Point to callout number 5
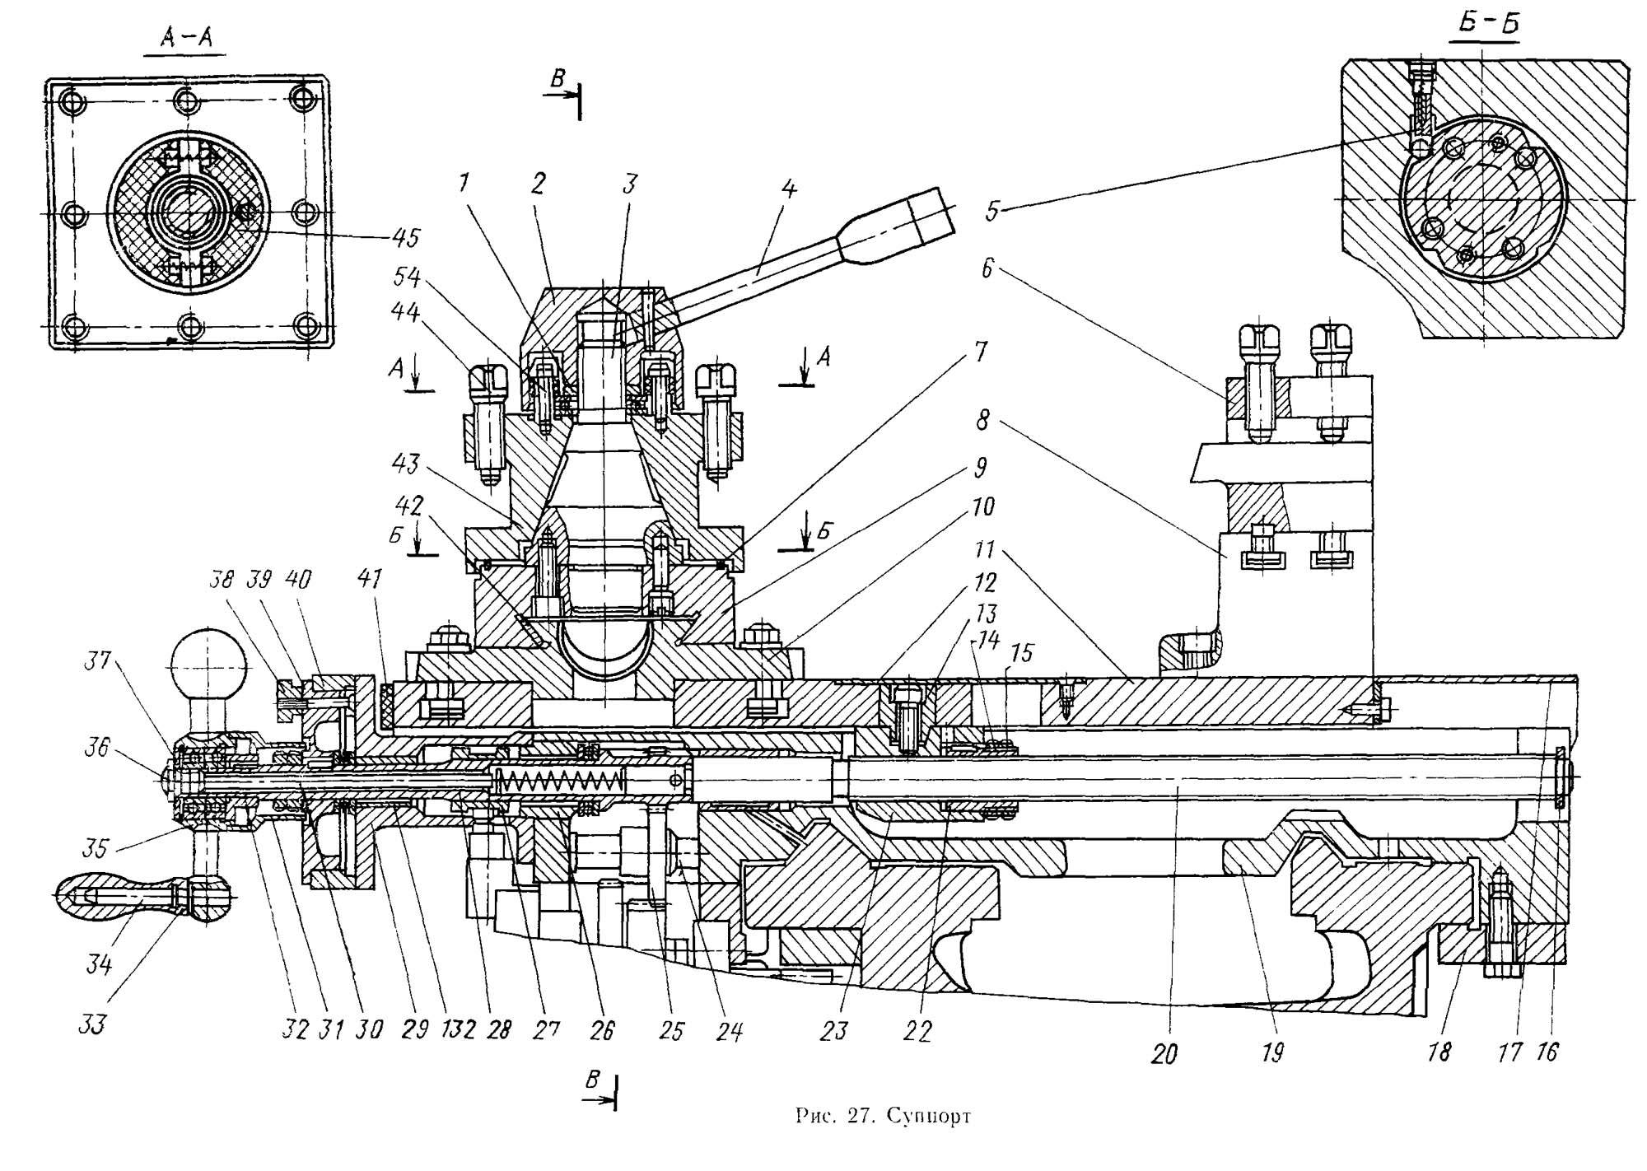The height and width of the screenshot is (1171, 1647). pos(992,210)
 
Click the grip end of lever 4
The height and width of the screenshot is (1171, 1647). pos(931,210)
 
